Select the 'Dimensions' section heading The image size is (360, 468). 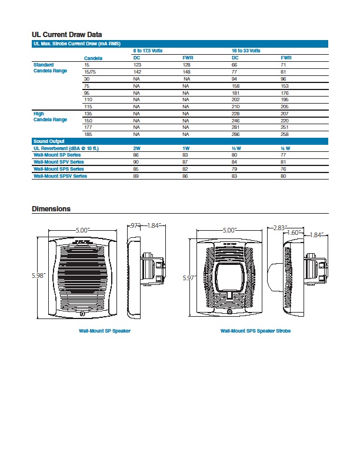click(x=51, y=209)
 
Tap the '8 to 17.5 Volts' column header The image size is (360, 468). click(x=148, y=51)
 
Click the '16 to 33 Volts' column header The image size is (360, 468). click(x=246, y=51)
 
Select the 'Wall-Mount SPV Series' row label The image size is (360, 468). click(x=58, y=161)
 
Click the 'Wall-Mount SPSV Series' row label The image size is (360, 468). click(x=60, y=175)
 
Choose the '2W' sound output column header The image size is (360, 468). click(x=137, y=148)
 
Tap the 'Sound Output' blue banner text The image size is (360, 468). click(x=49, y=141)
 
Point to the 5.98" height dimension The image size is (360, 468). click(x=39, y=276)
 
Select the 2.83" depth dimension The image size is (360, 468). click(x=279, y=227)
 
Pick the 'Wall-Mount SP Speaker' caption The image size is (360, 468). click(x=105, y=331)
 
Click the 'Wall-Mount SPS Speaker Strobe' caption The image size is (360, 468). click(x=255, y=331)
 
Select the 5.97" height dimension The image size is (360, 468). click(x=189, y=277)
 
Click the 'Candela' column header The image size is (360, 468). click(x=93, y=58)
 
